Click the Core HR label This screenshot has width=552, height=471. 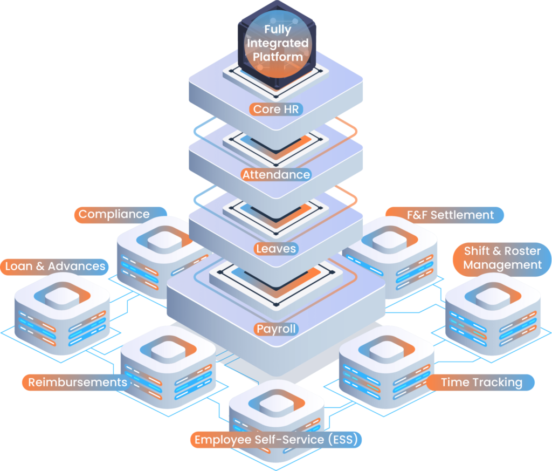[x=275, y=109]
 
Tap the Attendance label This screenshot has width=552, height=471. [x=276, y=175]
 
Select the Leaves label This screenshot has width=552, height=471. [x=276, y=249]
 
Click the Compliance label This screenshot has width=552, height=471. [x=114, y=214]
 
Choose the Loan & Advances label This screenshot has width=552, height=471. [x=55, y=266]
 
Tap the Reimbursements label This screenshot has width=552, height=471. [x=78, y=383]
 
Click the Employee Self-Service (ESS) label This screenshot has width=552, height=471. [x=276, y=440]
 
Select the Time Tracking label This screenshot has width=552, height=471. [x=481, y=383]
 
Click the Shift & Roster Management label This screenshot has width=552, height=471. [x=502, y=258]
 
